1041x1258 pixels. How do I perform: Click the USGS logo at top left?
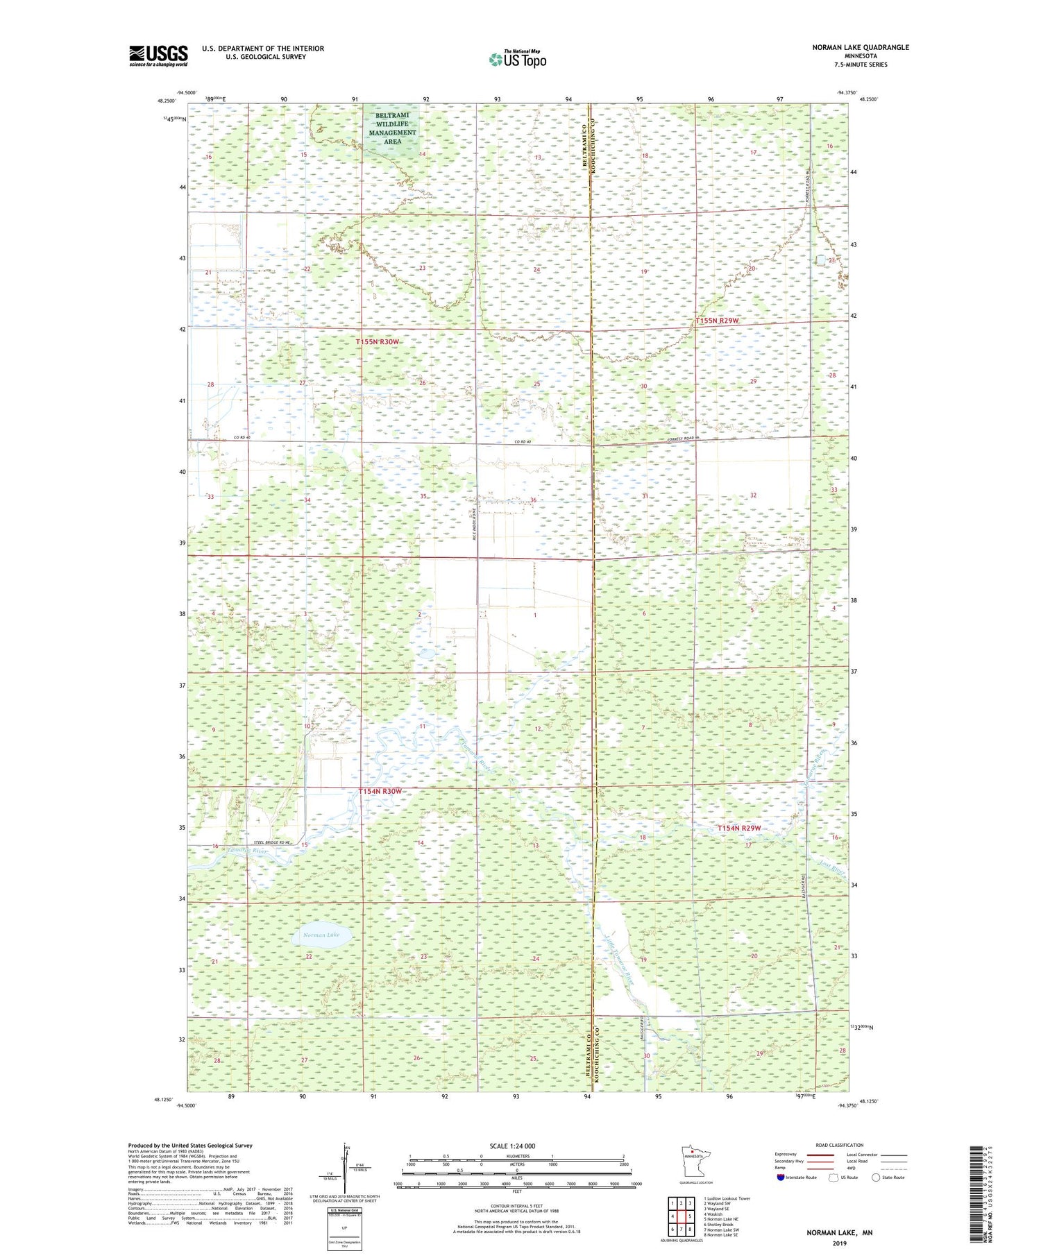158,56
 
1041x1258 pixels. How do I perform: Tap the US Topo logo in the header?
517,60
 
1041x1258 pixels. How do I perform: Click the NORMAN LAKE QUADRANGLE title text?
860,47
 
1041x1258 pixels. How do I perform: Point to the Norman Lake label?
321,935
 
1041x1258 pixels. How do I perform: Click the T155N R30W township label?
378,342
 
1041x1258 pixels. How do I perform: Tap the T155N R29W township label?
718,321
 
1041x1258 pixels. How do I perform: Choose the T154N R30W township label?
380,792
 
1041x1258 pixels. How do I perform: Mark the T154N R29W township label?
739,828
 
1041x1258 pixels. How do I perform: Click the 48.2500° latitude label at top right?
868,99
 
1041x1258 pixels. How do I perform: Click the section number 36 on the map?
533,500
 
